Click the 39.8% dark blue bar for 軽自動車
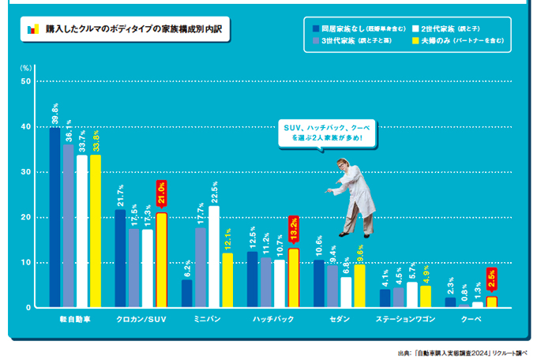54,217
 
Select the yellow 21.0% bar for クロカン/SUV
161,260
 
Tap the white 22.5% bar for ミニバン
214,257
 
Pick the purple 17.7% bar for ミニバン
201,267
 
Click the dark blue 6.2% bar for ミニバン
187,293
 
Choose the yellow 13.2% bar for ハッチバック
293,277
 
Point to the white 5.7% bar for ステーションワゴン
412,294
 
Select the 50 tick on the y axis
26,81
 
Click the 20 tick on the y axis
26,217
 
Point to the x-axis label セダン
341,320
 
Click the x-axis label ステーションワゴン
406,320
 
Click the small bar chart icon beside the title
32,29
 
